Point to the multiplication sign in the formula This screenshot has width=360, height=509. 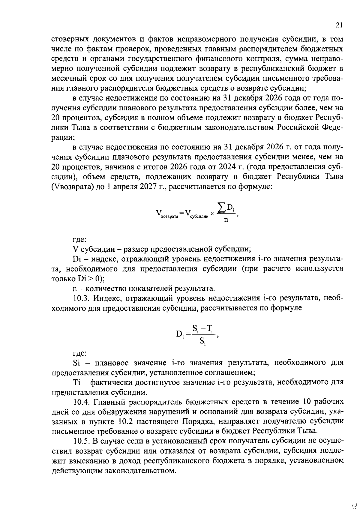[x=212, y=214]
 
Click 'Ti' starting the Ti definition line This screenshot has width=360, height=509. [x=76, y=382]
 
